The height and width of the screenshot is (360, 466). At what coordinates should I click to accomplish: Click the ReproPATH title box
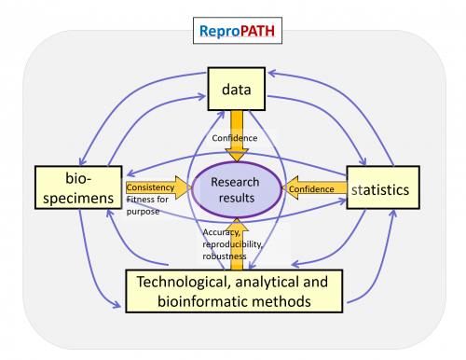(238, 31)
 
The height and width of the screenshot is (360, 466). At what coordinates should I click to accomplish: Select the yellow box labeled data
(237, 89)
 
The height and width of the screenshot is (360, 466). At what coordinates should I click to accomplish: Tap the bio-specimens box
(78, 187)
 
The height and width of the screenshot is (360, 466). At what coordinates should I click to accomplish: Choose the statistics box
(383, 187)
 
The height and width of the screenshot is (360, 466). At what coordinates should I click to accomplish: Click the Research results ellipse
(237, 189)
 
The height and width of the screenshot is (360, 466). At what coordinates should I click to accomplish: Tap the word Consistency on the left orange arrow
(150, 187)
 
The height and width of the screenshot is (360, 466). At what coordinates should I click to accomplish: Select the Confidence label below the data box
(235, 138)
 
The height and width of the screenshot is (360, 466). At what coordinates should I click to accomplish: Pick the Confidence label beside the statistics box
(311, 189)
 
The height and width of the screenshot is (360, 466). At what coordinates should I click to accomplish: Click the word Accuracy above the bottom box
(221, 232)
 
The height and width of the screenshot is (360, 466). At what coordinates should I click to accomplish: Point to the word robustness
(225, 256)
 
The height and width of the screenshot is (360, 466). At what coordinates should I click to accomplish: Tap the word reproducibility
(233, 244)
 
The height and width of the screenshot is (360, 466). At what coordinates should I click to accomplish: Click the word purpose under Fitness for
(143, 212)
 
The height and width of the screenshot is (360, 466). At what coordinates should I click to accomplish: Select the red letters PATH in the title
(257, 31)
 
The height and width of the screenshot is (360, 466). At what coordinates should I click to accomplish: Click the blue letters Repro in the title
(220, 32)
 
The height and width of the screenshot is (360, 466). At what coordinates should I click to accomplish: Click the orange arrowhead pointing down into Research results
(237, 155)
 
